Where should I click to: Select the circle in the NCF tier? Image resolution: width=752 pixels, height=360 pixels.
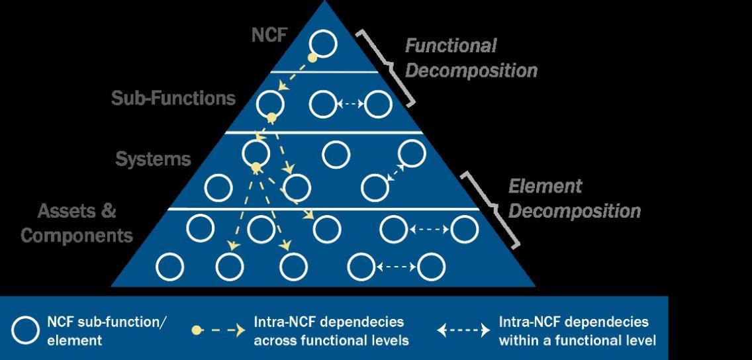324,43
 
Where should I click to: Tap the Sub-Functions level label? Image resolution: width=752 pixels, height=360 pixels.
173,99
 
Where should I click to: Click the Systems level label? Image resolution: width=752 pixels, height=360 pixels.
154,159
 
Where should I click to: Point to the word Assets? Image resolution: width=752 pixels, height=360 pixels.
67,212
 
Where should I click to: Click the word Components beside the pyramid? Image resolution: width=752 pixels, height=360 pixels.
77,235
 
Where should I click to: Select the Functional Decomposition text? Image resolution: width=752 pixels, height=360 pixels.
471,58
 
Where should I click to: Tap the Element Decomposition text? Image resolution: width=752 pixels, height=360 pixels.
574,199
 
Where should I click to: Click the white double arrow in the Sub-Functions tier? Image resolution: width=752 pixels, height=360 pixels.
351,103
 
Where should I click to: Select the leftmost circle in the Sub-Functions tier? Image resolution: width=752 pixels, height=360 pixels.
270,103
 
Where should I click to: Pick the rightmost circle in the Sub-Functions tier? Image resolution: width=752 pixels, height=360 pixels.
379,103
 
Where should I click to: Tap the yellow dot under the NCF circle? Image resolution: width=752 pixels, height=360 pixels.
312,58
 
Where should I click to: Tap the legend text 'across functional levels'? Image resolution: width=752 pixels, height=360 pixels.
331,341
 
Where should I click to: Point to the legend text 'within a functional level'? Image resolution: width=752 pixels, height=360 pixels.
577,341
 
